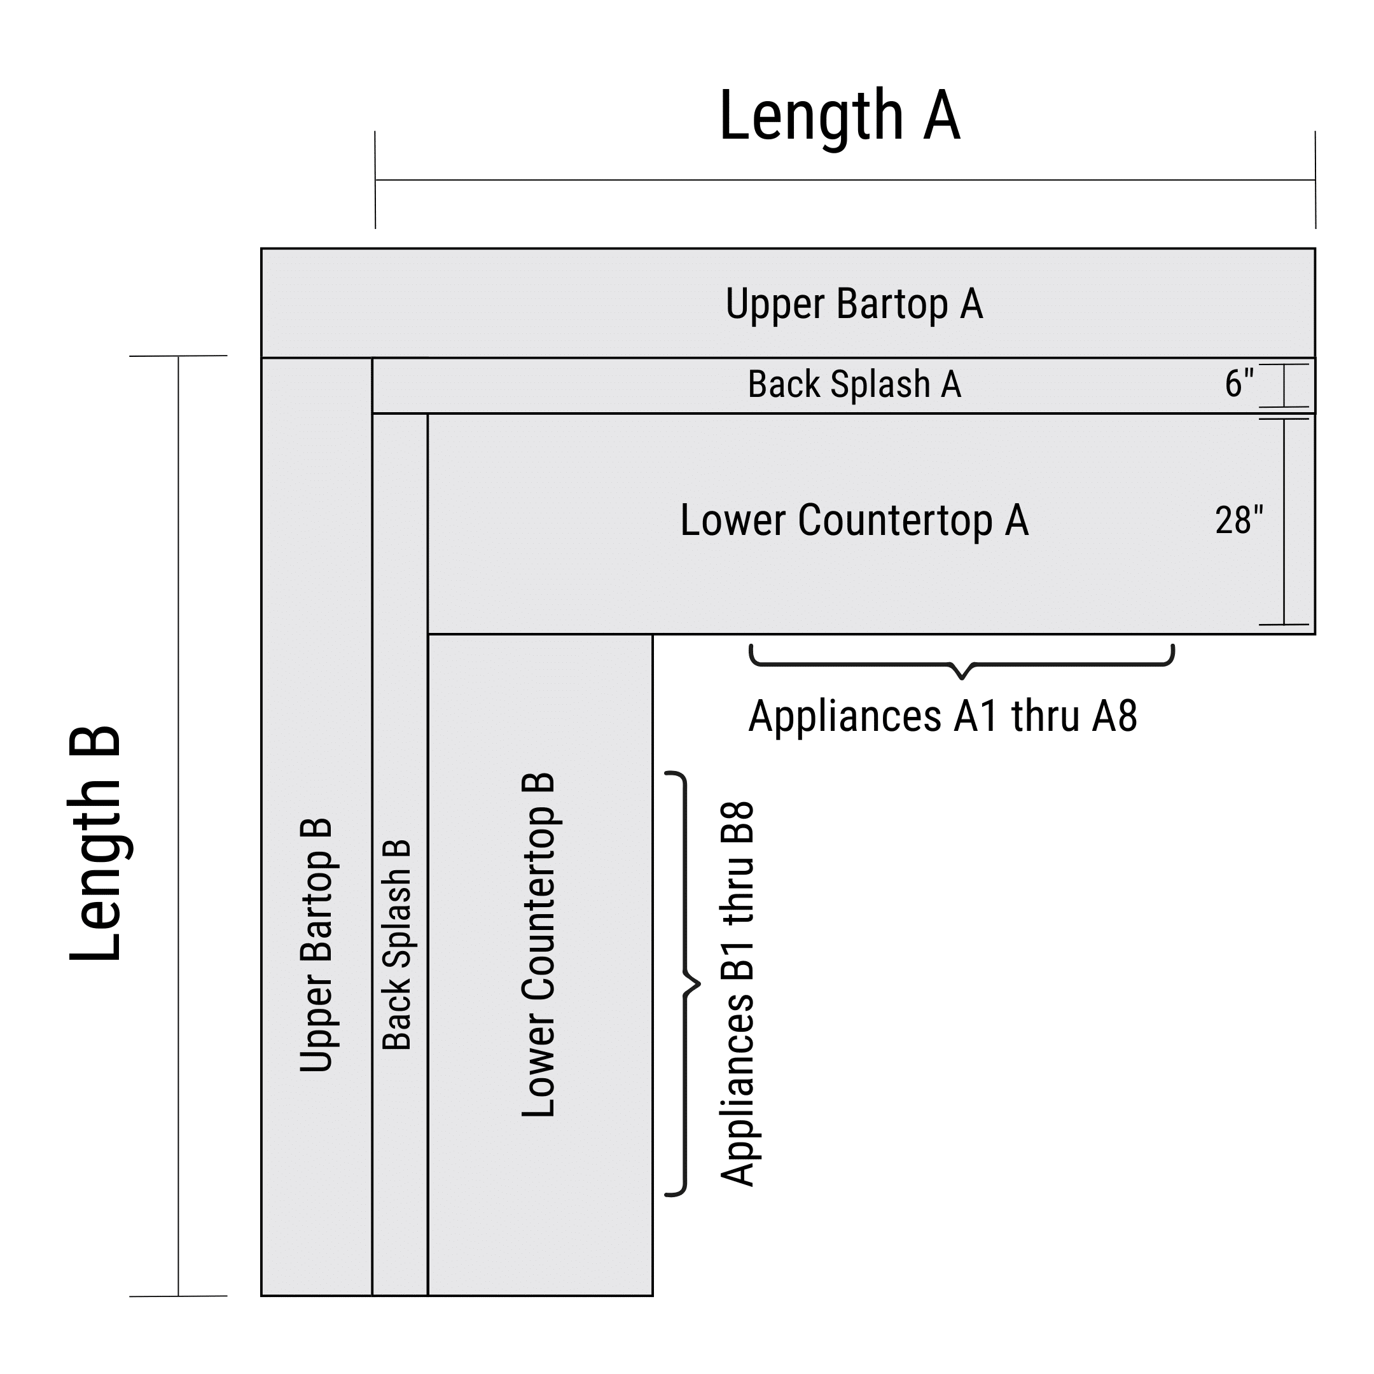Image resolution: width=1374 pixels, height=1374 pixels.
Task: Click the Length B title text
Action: tap(95, 843)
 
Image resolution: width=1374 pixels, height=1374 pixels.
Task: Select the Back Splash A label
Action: tap(854, 385)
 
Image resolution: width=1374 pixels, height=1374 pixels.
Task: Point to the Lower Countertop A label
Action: tap(854, 520)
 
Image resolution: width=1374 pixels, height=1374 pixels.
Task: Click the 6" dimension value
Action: tap(1238, 384)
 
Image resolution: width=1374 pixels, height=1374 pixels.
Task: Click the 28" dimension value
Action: tap(1238, 520)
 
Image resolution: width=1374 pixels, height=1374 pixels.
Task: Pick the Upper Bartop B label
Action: tap(315, 946)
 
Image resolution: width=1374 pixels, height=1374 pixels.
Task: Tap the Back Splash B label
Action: tap(397, 945)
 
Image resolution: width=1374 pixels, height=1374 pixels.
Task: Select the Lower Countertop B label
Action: tap(538, 945)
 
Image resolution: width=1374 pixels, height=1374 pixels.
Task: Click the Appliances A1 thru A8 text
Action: tap(942, 716)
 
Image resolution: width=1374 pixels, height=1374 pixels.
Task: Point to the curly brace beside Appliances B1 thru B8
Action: tap(685, 984)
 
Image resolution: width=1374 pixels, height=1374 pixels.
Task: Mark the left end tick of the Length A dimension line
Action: tap(375, 180)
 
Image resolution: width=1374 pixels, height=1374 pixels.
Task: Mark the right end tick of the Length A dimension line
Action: tap(1315, 180)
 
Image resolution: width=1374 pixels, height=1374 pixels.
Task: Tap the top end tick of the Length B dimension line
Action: tap(179, 356)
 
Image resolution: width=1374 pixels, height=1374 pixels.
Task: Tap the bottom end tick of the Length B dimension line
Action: tap(179, 1296)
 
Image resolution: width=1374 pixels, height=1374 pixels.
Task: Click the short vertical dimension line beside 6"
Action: tap(1284, 385)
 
